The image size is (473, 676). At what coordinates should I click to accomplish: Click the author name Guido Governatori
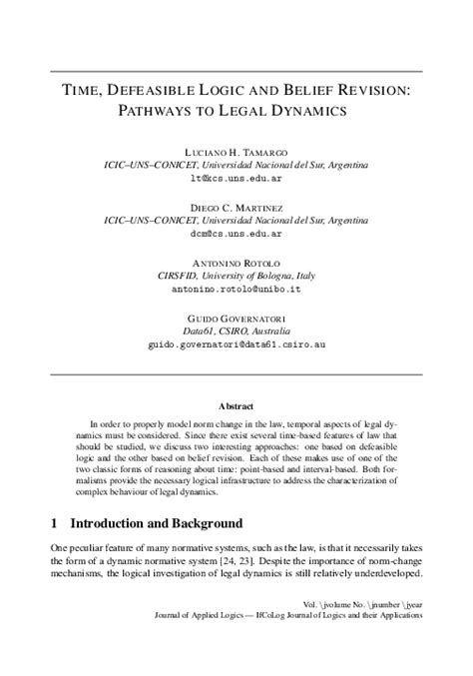(236, 317)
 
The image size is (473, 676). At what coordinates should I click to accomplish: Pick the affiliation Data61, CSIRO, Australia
(236, 330)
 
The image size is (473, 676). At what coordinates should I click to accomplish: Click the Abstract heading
(236, 406)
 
